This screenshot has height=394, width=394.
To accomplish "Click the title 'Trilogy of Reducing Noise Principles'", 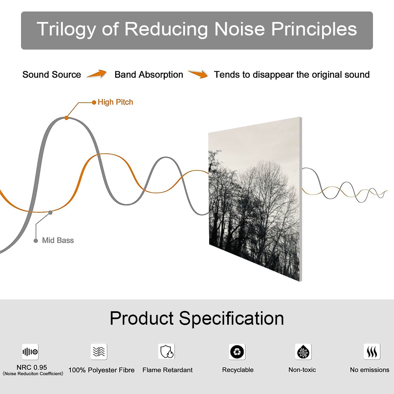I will tap(197, 29).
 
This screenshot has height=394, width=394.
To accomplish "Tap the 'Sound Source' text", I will tap(52, 75).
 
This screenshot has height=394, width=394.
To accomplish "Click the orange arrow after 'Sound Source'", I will tap(97, 74).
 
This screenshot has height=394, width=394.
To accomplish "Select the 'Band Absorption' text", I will tap(149, 75).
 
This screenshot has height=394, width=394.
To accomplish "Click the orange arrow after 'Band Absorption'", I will tap(198, 74).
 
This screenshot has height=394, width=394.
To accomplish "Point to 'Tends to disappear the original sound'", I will tap(292, 75).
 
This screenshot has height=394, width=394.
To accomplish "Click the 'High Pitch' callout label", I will tap(115, 102).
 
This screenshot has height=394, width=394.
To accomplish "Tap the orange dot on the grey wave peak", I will tap(66, 118).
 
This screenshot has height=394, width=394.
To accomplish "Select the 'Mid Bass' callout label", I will tap(58, 240).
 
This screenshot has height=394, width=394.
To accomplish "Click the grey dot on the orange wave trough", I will tap(50, 212).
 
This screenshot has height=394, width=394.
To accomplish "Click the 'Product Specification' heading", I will tap(197, 318).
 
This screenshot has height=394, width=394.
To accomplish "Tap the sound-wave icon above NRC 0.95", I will tap(30, 352).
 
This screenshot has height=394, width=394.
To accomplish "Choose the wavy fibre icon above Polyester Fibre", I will tap(99, 352).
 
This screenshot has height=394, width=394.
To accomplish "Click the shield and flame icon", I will tap(166, 352).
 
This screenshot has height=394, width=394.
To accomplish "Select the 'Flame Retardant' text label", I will tap(167, 370).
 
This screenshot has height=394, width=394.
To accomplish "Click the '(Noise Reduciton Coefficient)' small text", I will tap(33, 374).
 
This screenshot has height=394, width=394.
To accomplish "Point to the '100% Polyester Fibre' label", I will tap(101, 370).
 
